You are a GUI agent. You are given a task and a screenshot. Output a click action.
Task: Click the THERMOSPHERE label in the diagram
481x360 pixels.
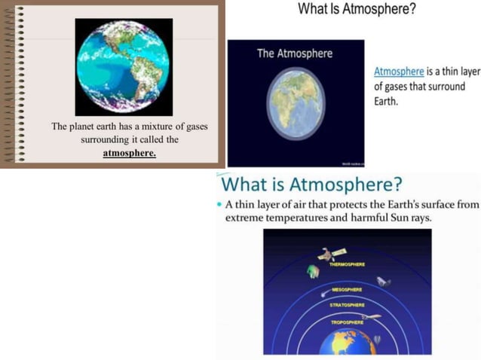(347, 265)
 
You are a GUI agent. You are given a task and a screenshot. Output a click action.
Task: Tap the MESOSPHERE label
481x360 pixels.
(347, 289)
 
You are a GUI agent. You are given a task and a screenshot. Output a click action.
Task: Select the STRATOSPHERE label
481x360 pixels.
(347, 305)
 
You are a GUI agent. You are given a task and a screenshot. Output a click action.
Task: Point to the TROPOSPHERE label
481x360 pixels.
(347, 322)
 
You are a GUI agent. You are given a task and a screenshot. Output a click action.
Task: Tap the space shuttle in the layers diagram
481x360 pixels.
(384, 282)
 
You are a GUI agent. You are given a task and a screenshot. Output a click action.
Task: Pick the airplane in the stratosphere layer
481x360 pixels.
(370, 318)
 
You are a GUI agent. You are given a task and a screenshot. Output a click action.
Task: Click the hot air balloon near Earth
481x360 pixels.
(377, 340)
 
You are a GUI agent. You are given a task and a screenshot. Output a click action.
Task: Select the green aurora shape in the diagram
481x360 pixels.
(311, 270)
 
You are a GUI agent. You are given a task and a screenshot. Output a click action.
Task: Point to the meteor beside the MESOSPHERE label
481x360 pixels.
(323, 293)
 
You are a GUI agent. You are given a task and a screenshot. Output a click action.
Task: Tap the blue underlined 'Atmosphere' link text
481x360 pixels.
(399, 72)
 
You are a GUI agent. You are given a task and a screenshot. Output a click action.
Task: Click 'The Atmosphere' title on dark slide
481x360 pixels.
(294, 53)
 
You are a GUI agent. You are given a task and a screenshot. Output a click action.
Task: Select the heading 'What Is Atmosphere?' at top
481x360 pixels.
(357, 10)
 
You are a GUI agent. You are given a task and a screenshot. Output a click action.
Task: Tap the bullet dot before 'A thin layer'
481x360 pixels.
(219, 205)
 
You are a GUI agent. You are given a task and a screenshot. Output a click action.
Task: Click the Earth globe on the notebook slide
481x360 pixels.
(124, 66)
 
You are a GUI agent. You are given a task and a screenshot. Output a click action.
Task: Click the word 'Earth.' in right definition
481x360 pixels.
(386, 101)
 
